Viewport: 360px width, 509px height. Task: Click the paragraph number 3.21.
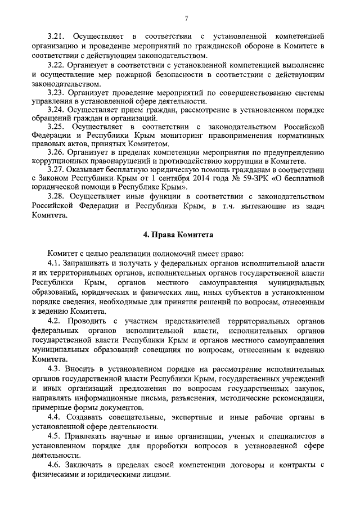tap(57, 37)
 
